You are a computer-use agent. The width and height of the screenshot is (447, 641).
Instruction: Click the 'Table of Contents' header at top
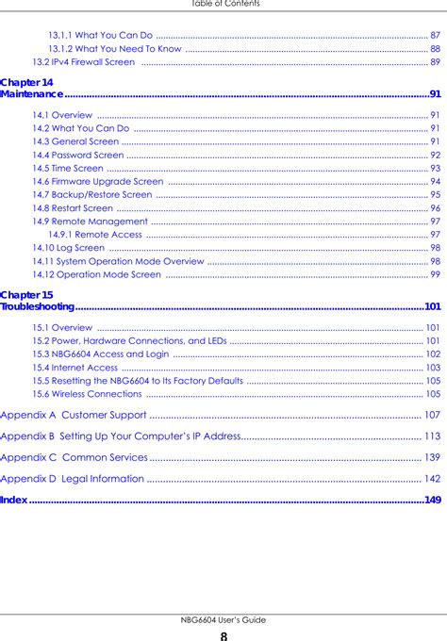223,4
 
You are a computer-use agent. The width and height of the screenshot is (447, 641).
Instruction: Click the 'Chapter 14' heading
27,83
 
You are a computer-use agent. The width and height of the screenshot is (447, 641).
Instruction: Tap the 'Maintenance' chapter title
32,94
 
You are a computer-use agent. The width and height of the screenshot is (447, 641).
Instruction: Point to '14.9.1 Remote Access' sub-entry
95,234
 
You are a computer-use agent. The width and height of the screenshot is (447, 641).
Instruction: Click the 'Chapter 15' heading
27,296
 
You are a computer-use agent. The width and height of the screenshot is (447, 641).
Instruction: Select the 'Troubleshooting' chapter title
38,307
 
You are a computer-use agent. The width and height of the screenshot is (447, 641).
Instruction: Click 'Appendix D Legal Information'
73,479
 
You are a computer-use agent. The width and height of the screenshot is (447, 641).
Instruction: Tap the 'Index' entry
14,500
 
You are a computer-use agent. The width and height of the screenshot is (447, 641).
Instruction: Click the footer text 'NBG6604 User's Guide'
223,620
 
